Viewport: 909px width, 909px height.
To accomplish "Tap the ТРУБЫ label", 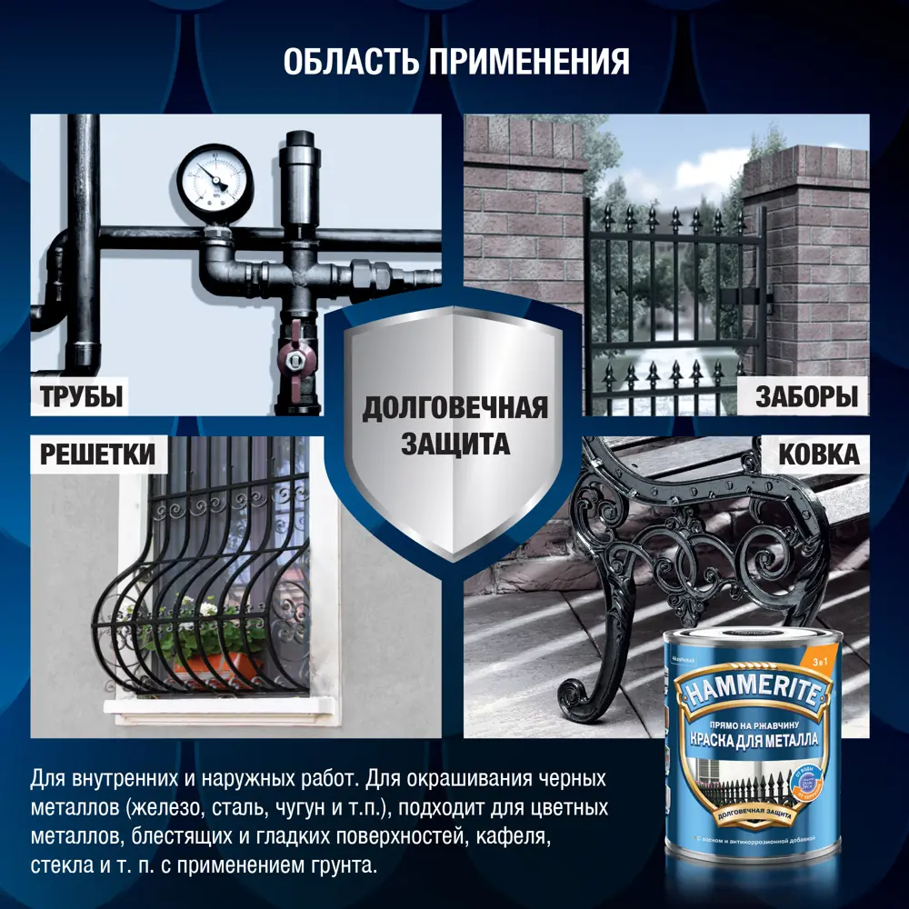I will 81,396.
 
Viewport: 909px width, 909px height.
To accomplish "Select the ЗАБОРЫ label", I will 806,396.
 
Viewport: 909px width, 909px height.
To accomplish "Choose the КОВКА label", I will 818,454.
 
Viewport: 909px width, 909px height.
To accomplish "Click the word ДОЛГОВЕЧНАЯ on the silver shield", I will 455,408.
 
